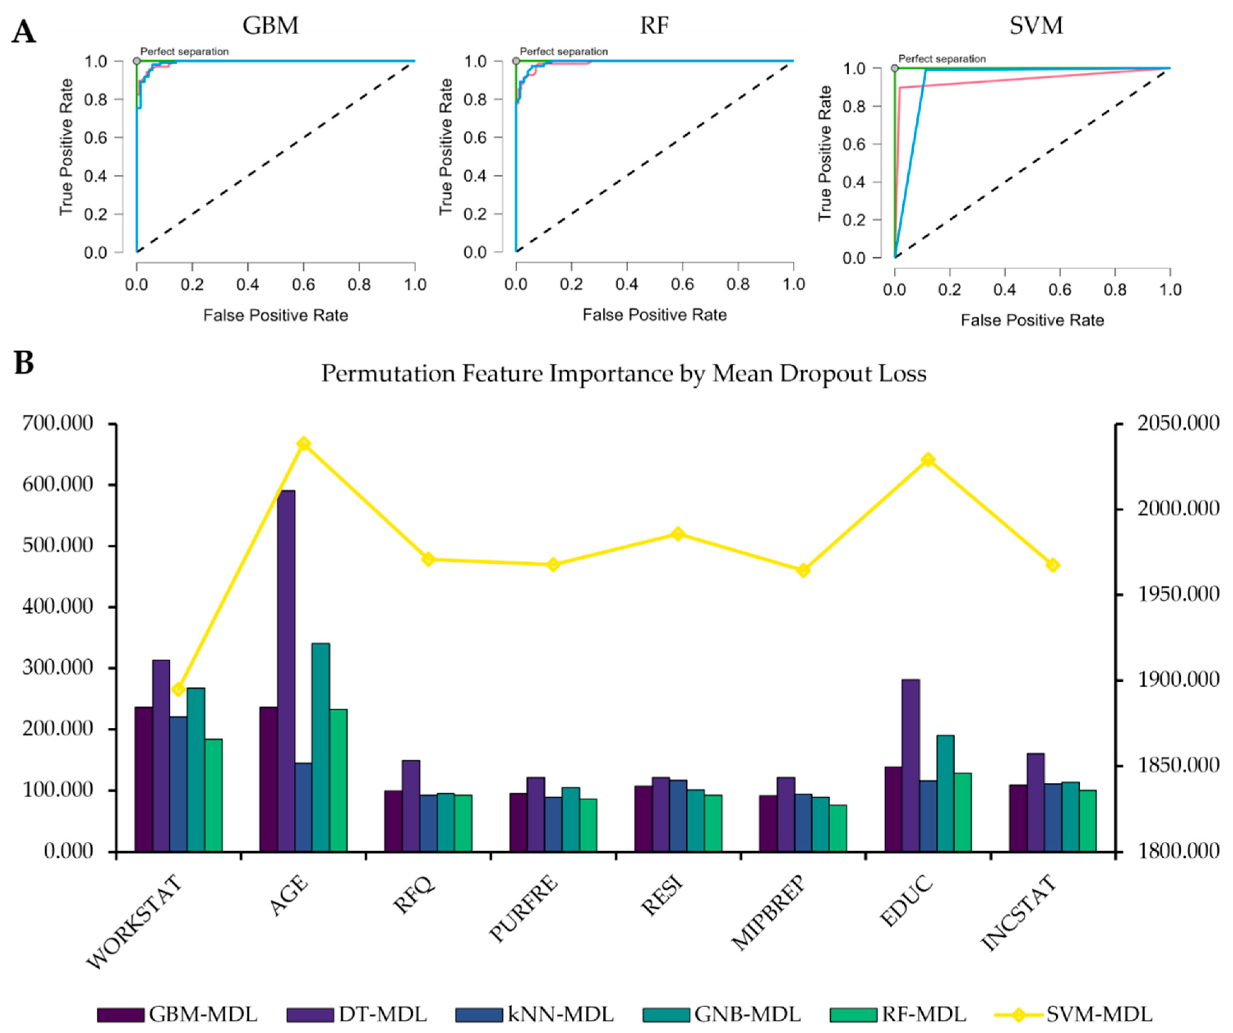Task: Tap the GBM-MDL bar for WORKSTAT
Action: point(143,779)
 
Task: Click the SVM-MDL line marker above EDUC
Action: point(928,460)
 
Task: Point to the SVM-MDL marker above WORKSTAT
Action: point(178,689)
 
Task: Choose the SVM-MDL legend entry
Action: point(1074,1014)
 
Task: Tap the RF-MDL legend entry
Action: point(898,1014)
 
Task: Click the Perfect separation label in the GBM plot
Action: point(184,52)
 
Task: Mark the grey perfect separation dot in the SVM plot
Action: point(895,69)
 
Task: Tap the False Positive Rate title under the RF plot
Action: point(655,315)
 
